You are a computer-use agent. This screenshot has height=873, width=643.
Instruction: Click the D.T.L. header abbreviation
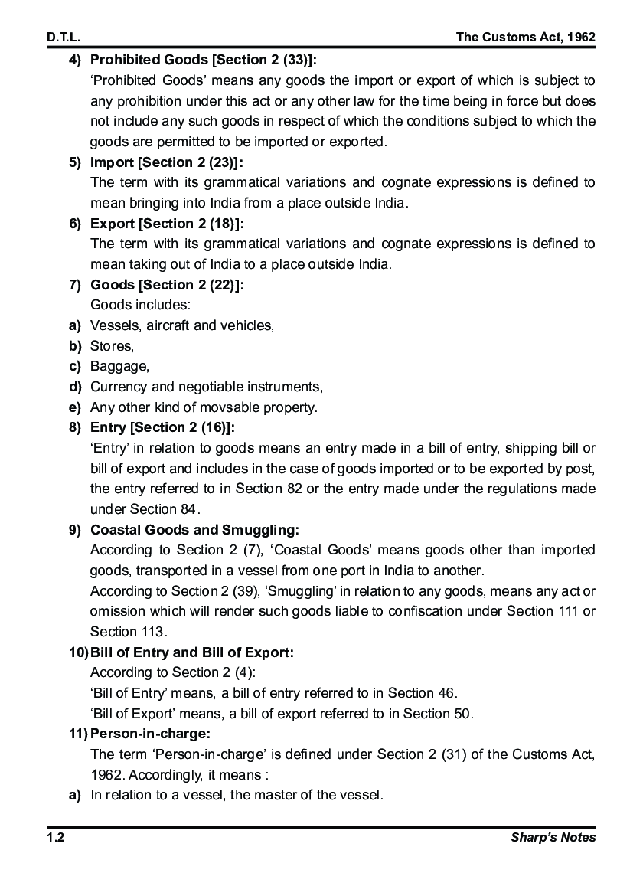pos(64,37)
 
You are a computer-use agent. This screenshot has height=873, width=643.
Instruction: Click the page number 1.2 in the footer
pos(55,837)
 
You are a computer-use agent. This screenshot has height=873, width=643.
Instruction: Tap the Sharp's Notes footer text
pos(553,837)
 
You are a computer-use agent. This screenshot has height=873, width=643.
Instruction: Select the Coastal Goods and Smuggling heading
pos(194,529)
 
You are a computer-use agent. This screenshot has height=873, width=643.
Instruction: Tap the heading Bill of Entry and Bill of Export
pos(191,652)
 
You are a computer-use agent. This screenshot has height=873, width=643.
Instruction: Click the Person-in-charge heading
pos(150,734)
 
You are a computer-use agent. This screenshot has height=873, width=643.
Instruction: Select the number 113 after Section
pos(153,632)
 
